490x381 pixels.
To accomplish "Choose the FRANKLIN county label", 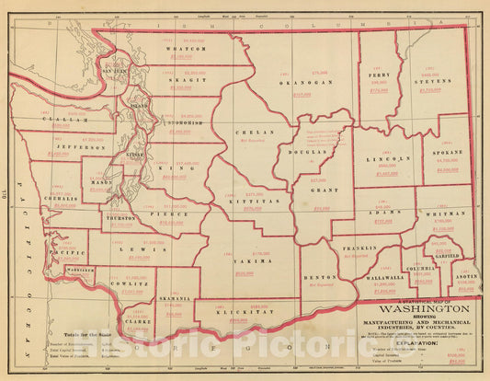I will point(358,248).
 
